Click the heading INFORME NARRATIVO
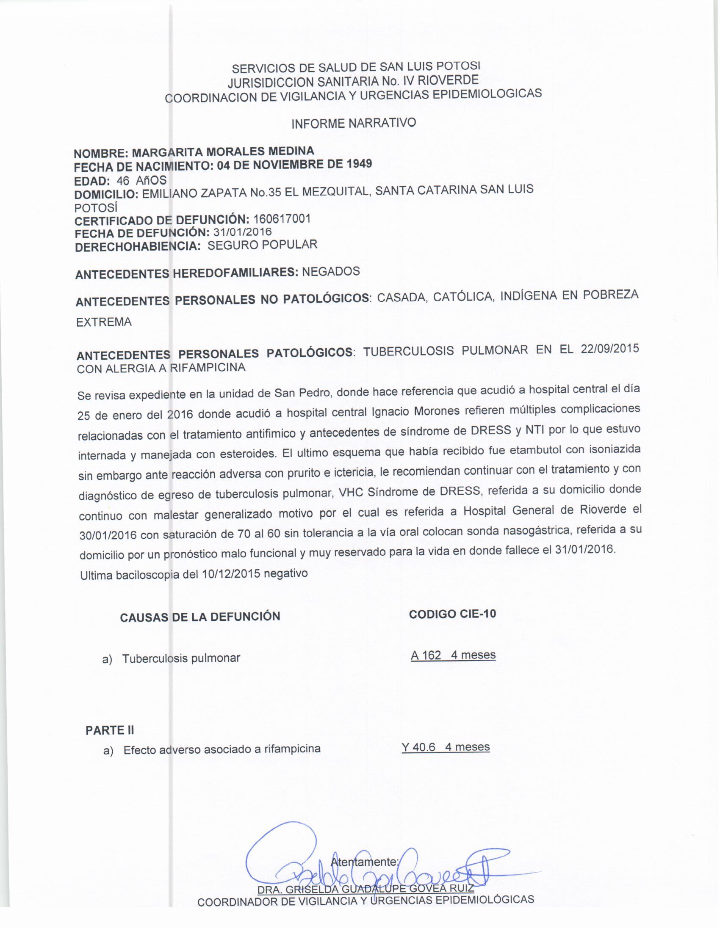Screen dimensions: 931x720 tap(354, 124)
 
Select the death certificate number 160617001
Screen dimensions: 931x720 tap(282, 219)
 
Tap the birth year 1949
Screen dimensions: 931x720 tap(359, 163)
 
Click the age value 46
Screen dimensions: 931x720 tap(123, 180)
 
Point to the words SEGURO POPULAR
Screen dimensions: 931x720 tap(262, 245)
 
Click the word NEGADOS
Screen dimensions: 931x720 tap(331, 272)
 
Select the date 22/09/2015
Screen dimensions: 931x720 tap(609, 348)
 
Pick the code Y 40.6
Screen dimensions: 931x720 tap(418, 747)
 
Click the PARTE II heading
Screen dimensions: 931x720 tap(110, 730)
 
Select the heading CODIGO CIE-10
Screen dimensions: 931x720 tap(452, 614)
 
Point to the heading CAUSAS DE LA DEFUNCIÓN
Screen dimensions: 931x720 tap(200, 617)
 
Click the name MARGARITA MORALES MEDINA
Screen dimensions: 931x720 tap(223, 152)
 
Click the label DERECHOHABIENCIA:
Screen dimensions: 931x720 tap(138, 247)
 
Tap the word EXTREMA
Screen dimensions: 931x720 tap(104, 322)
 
